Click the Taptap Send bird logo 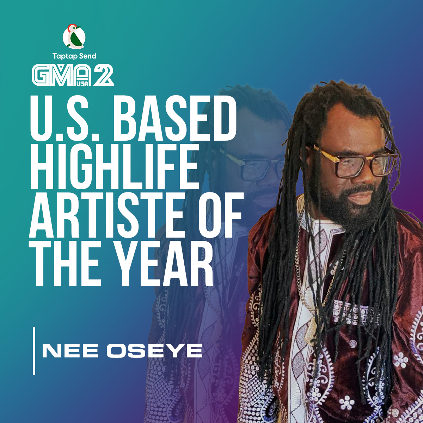[x=74, y=36]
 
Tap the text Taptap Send [x=74, y=56]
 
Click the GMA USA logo [x=73, y=75]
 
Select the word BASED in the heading [x=177, y=118]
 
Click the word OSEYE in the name [x=154, y=351]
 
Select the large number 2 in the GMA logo [x=103, y=76]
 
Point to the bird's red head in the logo [x=71, y=28]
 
